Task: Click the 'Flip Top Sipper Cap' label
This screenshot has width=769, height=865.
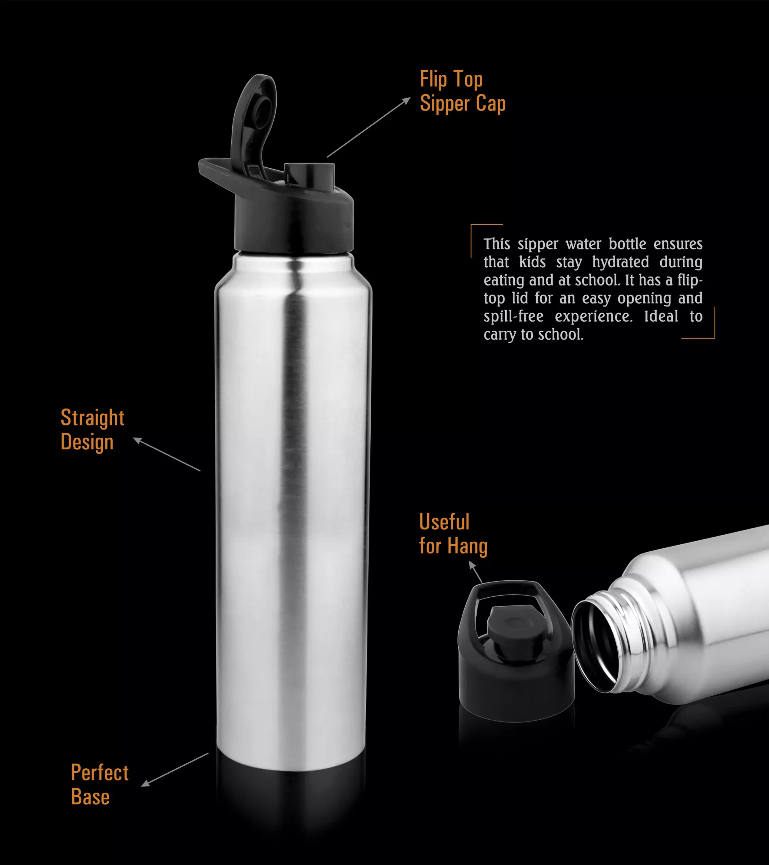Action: [463, 92]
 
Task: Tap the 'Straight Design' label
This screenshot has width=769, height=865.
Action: [92, 430]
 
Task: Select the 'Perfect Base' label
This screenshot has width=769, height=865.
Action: [99, 784]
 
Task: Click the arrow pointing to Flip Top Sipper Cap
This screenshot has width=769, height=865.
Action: [368, 127]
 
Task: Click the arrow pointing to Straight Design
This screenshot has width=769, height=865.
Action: [166, 454]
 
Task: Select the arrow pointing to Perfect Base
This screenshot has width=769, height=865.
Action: [175, 770]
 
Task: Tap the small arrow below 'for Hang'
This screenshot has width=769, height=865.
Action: [476, 572]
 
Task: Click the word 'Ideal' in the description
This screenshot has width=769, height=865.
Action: [661, 316]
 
